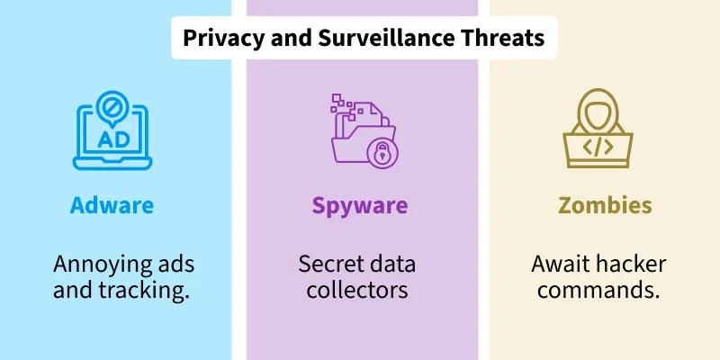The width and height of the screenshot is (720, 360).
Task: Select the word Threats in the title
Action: (503, 38)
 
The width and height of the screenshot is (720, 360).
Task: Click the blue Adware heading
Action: (112, 206)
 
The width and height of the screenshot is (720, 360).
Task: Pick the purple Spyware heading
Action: (360, 207)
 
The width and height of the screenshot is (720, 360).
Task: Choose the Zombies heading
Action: (605, 206)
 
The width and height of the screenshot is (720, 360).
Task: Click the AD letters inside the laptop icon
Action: (113, 139)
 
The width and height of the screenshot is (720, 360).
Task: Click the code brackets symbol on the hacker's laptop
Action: (598, 147)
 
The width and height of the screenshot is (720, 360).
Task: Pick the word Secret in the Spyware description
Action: (327, 265)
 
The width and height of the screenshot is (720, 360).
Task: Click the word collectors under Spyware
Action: (357, 290)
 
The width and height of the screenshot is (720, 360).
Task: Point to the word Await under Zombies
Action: (556, 265)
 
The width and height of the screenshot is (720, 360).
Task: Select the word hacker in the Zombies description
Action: (626, 265)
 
